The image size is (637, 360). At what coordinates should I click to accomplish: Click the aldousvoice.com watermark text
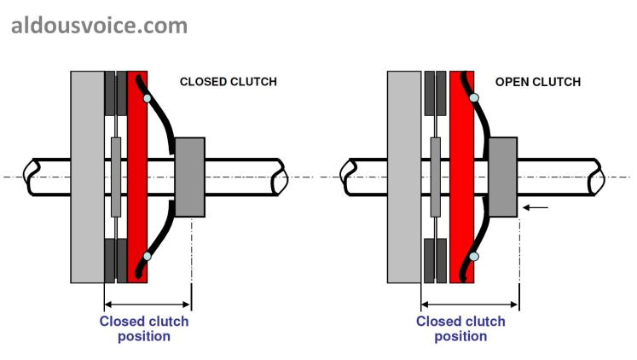(x=99, y=26)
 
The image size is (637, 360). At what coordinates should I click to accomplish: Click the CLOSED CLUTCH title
(x=228, y=82)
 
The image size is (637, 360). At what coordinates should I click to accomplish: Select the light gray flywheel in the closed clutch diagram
(x=87, y=177)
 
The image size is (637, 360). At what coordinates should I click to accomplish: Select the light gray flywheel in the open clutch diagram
(x=403, y=177)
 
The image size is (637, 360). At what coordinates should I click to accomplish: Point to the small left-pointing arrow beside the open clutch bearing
(x=536, y=206)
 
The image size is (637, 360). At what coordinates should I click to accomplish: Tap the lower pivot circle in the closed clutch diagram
(x=147, y=255)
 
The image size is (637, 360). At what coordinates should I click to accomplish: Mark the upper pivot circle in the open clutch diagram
(x=474, y=99)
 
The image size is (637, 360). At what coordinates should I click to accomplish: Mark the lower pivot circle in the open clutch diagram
(x=474, y=255)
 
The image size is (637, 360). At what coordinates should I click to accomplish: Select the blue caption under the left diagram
(x=144, y=328)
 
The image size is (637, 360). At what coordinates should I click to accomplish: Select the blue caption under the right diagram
(x=460, y=328)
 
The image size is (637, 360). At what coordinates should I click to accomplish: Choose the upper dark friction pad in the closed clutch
(x=115, y=91)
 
